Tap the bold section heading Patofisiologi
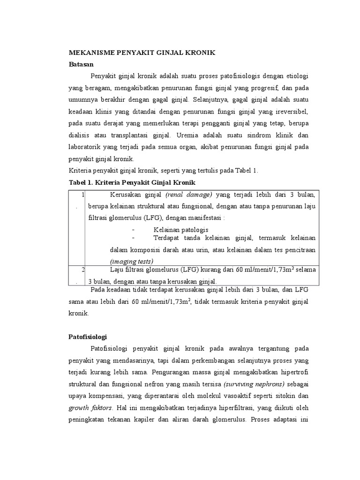[88, 337]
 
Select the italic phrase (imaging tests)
[132, 261]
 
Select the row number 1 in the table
[82, 194]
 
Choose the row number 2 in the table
[82, 270]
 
